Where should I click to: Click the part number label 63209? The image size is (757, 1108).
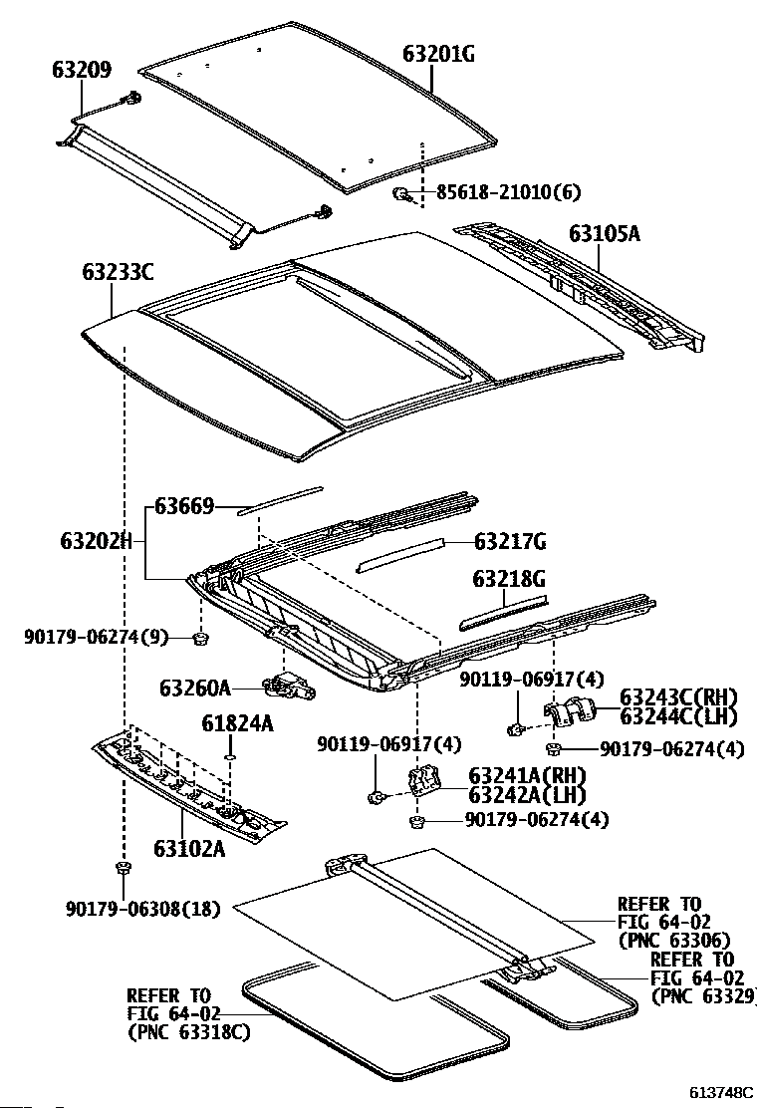tap(82, 70)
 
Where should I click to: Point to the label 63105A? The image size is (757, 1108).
tap(605, 235)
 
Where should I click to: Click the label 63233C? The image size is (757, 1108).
tap(118, 270)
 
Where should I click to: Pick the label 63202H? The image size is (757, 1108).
tap(97, 542)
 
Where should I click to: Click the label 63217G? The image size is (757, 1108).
tap(510, 542)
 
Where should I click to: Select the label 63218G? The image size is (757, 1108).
tap(509, 580)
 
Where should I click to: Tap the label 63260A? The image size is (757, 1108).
tap(195, 688)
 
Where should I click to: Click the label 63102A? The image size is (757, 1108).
tap(189, 849)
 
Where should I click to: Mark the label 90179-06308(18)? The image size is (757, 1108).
tap(143, 909)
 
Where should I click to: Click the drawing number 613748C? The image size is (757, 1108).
tap(719, 1091)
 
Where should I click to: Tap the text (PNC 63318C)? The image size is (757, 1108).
tap(188, 1032)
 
